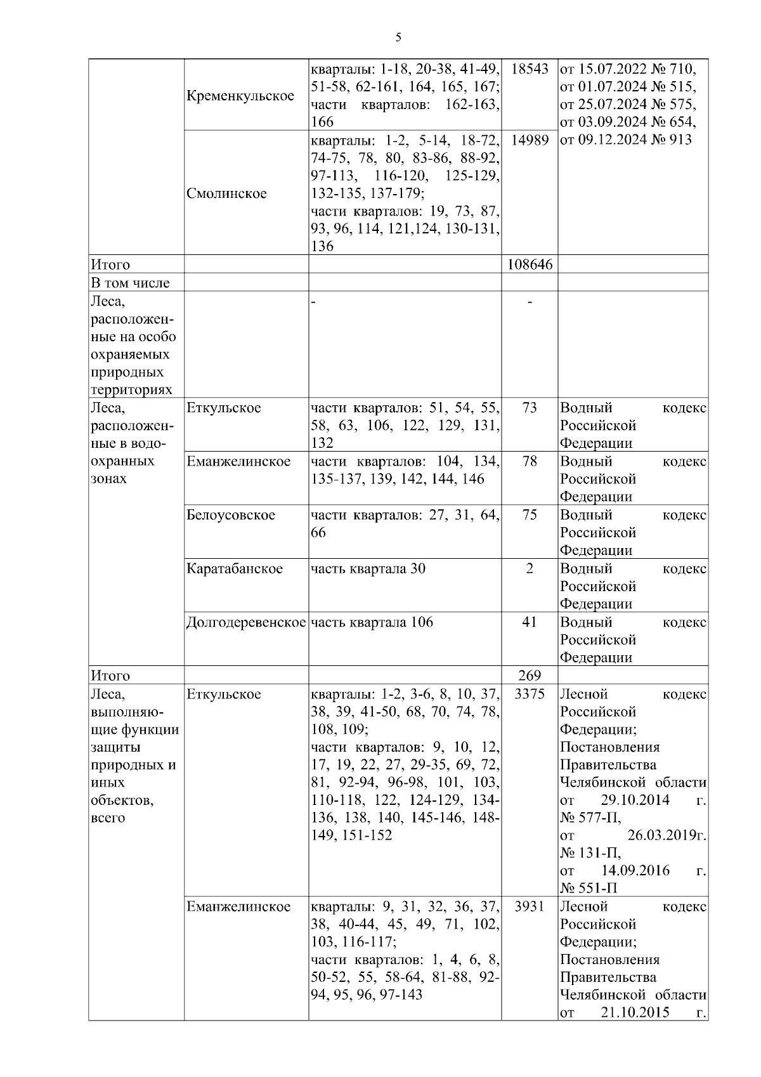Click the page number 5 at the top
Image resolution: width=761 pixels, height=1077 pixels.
398,37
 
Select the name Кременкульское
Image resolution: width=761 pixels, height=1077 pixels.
240,96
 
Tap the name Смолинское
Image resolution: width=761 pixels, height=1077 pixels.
226,193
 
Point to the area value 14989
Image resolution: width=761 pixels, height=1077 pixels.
530,140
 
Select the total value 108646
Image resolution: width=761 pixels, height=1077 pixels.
530,264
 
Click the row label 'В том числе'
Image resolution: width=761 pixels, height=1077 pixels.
130,283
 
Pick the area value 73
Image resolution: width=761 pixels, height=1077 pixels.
530,408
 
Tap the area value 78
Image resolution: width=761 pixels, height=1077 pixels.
530,462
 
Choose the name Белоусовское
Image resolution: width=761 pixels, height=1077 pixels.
231,515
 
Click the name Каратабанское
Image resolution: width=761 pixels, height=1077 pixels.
235,568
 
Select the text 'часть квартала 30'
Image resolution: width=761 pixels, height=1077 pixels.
368,568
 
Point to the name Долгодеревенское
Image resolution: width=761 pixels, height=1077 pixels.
246,622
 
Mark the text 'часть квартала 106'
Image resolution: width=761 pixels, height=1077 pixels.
372,622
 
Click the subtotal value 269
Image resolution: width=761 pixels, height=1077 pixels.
530,676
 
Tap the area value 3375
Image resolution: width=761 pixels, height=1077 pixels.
530,694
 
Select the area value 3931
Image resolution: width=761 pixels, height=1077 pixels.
530,906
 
